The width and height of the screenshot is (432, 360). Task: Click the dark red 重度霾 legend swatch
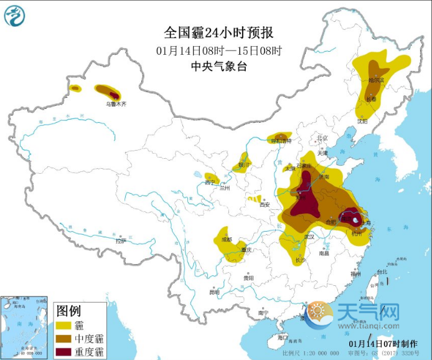click(63, 352)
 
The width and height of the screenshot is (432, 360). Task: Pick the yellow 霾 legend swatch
click(63, 325)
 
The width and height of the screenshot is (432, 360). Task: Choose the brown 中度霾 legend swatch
click(63, 339)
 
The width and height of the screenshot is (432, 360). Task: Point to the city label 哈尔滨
click(376, 80)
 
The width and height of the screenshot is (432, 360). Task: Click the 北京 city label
click(322, 138)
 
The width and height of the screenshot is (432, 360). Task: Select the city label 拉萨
click(120, 240)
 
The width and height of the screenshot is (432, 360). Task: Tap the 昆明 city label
click(214, 291)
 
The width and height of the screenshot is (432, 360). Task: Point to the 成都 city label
click(227, 239)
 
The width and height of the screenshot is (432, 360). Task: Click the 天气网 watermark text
click(369, 310)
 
